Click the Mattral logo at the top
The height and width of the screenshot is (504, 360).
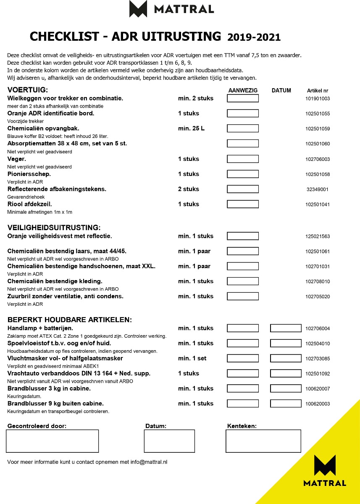click(171, 9)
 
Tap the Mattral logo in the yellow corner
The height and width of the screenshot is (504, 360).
click(325, 470)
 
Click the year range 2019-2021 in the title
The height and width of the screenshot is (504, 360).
click(254, 37)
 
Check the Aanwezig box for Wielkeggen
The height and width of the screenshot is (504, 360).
click(243, 98)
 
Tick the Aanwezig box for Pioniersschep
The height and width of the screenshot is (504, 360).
click(243, 174)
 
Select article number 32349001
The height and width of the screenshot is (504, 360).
click(318, 189)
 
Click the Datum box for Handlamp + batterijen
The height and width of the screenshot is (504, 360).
click(286, 328)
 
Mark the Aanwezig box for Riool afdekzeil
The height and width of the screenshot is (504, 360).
click(243, 204)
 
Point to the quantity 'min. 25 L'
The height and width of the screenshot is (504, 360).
click(191, 129)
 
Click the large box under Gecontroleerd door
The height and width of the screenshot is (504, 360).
click(52, 441)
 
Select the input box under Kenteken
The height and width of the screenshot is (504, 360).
click(263, 441)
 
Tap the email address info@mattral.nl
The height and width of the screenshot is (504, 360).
click(149, 462)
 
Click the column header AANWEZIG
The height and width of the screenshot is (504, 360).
click(243, 90)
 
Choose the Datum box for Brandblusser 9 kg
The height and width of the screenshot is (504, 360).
click(286, 404)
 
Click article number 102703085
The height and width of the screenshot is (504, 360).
click(318, 359)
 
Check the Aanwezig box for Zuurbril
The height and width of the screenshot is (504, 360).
click(243, 296)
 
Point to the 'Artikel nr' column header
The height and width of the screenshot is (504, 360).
click(318, 91)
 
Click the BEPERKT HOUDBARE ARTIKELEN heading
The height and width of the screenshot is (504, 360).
click(70, 320)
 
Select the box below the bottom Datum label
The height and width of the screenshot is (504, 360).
click(169, 441)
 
